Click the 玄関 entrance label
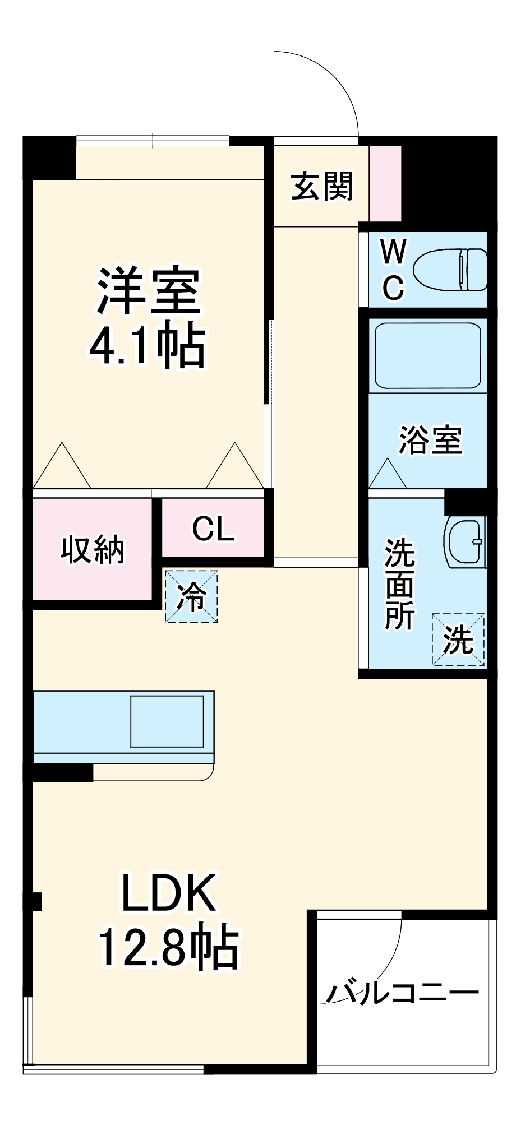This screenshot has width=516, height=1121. click(x=322, y=187)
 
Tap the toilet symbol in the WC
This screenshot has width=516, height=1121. click(x=450, y=270)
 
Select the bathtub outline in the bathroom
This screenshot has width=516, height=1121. click(x=428, y=355)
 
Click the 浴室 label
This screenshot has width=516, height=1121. click(x=431, y=440)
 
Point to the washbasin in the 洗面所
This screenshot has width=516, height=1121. click(x=465, y=542)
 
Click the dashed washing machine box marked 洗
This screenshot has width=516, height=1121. click(x=458, y=639)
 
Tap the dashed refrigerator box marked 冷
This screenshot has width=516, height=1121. click(x=191, y=596)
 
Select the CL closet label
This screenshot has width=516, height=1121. click(x=213, y=528)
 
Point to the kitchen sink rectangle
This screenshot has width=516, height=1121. click(x=167, y=721)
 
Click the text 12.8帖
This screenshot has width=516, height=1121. click(x=168, y=949)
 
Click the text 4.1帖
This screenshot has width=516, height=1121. click(x=148, y=347)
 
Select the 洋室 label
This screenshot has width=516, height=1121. click(x=149, y=291)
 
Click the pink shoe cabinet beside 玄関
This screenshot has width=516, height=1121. click(x=385, y=183)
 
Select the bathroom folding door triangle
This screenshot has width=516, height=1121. click(x=388, y=475)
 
